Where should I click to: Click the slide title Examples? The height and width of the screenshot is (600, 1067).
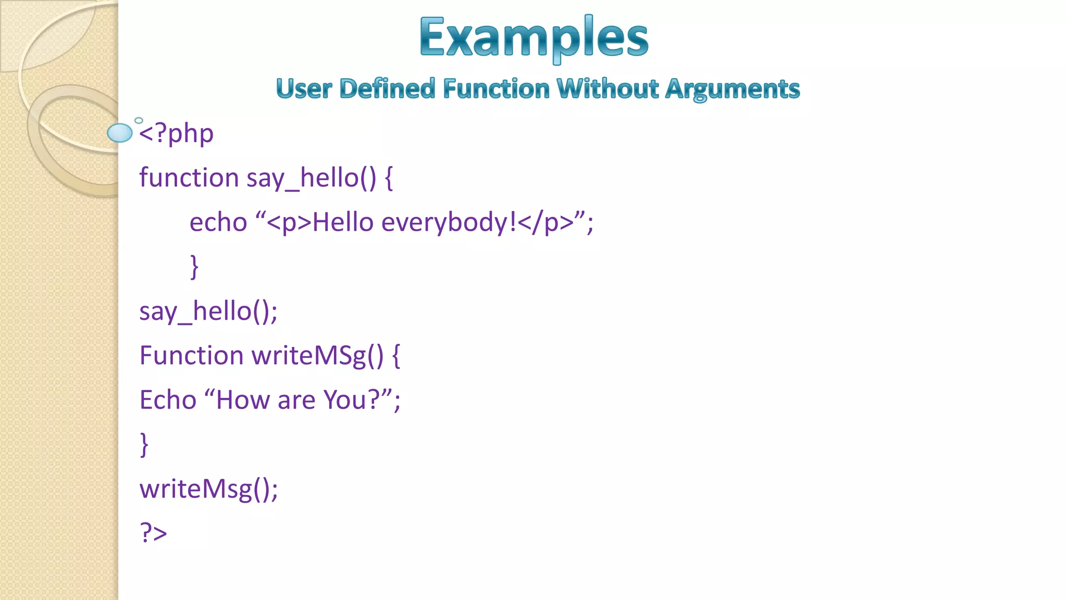coord(533,37)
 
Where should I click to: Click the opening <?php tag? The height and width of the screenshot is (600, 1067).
coord(176,134)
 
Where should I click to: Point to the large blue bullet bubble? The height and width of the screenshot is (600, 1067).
coord(120,133)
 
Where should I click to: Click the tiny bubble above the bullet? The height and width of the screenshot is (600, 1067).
coord(139,120)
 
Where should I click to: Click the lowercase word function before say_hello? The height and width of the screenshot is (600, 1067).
coord(189,178)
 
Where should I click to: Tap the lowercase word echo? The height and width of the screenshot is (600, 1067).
coord(218,222)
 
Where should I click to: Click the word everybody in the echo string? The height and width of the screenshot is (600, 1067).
coord(449,222)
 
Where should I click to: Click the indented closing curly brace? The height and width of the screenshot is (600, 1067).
coord(194,267)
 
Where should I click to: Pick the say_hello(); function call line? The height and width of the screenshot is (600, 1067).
coord(208,311)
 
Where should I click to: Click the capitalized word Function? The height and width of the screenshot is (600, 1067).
coord(191,356)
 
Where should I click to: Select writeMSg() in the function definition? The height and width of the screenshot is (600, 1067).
coord(317,356)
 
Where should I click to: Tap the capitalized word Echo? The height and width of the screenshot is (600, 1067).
coord(168,400)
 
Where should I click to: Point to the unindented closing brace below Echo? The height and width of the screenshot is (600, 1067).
coord(144,444)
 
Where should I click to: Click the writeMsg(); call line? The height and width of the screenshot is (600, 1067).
coord(208,489)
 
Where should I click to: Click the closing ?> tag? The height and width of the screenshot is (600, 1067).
coord(153,533)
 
